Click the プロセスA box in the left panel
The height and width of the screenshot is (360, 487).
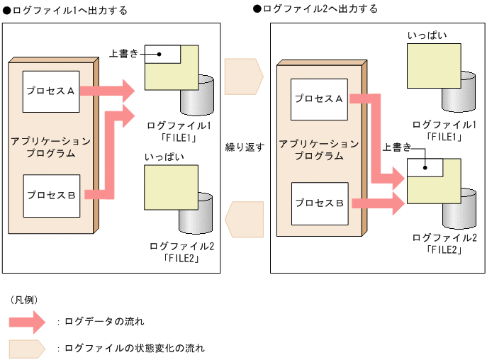51,91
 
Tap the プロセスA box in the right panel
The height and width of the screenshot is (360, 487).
319,99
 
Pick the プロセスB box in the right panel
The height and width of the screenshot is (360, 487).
319,203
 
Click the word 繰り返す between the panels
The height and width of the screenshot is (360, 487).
245,147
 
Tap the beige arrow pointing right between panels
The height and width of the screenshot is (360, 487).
244,73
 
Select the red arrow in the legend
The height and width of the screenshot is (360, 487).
28,322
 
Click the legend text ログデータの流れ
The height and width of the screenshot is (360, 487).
104,322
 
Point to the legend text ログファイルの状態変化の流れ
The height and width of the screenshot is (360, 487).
134,348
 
